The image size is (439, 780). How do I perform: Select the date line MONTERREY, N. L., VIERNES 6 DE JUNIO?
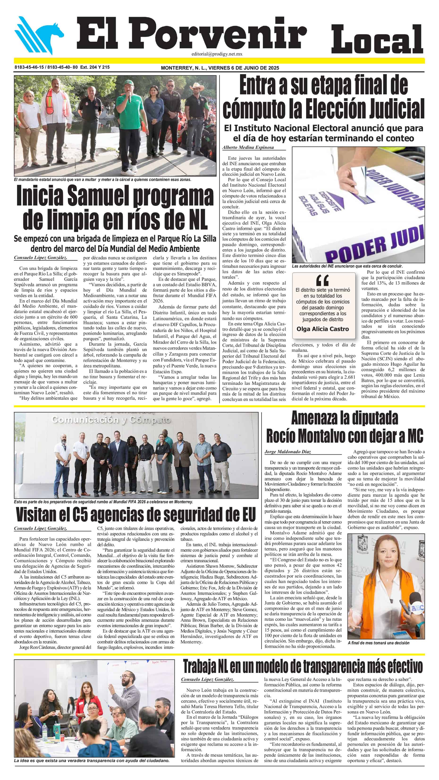point(220,68)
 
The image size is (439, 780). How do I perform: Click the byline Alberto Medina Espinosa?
point(248,147)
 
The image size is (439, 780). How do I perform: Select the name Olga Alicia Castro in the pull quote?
point(322,329)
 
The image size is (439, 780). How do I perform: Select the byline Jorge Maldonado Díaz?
point(287,452)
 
